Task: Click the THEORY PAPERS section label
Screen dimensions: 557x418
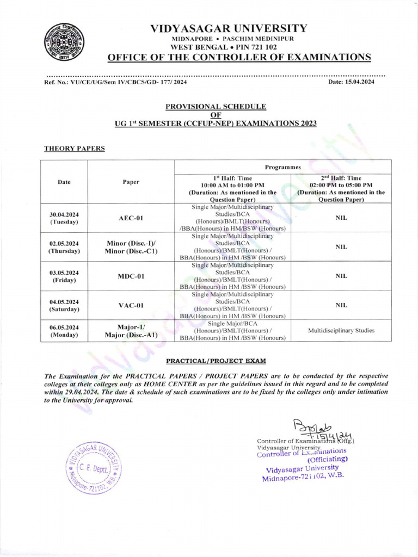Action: [x=74, y=148]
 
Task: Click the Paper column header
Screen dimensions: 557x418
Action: [x=131, y=182]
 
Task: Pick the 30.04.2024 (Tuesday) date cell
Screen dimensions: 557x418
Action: [x=64, y=218]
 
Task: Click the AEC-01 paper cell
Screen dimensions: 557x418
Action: [x=131, y=218]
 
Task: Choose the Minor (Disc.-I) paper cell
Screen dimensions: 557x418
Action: [x=131, y=247]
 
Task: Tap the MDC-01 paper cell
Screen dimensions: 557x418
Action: [x=131, y=276]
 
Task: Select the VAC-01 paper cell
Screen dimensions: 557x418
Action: [x=131, y=305]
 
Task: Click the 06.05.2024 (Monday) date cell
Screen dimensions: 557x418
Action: [x=64, y=331]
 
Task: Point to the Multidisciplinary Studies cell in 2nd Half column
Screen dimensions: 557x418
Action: [x=341, y=330]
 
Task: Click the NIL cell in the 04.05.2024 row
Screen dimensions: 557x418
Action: [x=341, y=305]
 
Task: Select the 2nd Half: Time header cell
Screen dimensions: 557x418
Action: [x=341, y=189]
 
